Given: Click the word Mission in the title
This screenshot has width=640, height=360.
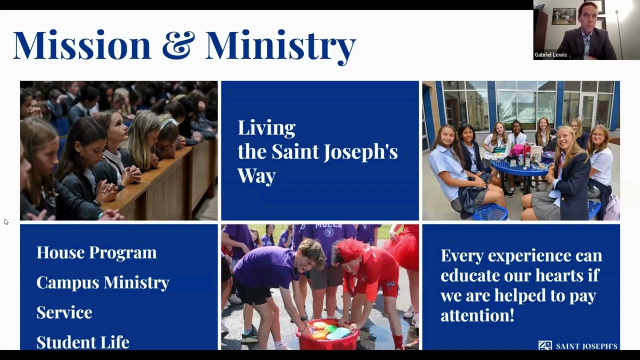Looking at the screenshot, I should pos(81,45).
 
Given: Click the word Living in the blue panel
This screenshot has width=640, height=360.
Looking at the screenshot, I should pos(266,128).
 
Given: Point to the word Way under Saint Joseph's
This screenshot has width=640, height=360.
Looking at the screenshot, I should pos(256,175).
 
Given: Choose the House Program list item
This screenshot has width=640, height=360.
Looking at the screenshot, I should pos(96,252).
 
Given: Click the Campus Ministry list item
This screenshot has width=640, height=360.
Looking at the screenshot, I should pos(102,282).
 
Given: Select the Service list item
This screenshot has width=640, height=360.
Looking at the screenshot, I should pos(64,312).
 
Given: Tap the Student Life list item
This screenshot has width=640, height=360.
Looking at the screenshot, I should pos(82,342).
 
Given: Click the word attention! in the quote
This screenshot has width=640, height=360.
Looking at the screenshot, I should pos(477,315).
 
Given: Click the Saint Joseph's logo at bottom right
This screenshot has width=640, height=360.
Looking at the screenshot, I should pos(577,345).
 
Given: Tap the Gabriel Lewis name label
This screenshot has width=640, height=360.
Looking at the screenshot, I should pos(550,55).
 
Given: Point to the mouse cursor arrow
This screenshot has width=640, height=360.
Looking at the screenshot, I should pos(6,221).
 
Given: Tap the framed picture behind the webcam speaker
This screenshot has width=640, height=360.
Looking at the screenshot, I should pos(563,16).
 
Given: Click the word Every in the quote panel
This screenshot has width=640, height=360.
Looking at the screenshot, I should pos(462,255).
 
